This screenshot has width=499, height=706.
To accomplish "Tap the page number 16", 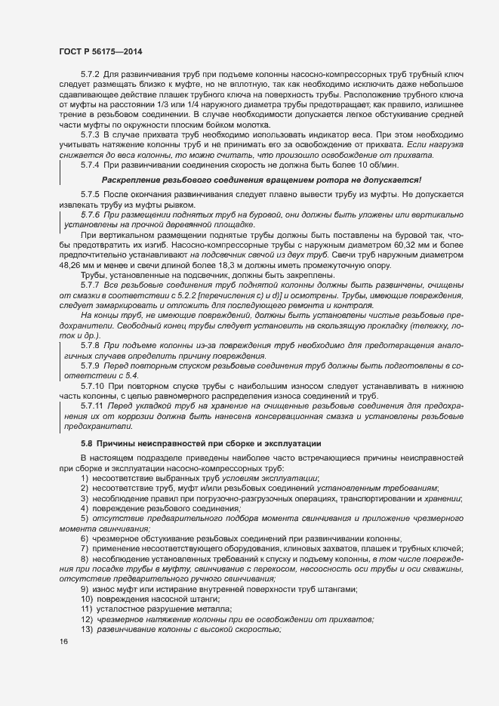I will [64, 642].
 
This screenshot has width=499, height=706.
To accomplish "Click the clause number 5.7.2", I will [90, 76].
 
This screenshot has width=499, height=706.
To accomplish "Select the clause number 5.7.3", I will [90, 134].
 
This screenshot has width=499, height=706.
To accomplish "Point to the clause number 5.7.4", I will [90, 164].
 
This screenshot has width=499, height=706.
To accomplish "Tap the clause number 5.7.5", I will [90, 195].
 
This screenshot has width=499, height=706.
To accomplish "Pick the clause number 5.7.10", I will [92, 385].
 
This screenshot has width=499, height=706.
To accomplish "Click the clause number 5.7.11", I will [92, 405].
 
